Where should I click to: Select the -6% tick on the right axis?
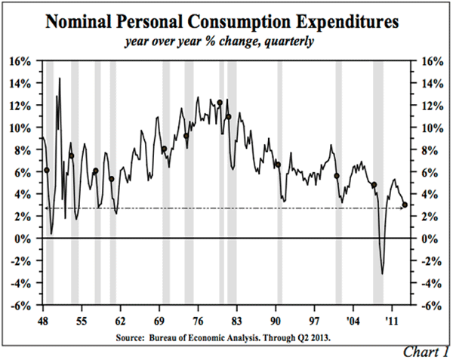click(x=429, y=306)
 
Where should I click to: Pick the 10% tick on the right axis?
click(x=429, y=128)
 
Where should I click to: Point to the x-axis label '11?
click(x=391, y=319)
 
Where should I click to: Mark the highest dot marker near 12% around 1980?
click(x=220, y=103)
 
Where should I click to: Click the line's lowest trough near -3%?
click(x=382, y=273)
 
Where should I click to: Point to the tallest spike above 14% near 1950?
click(x=60, y=78)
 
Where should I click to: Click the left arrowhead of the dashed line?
click(x=47, y=208)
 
